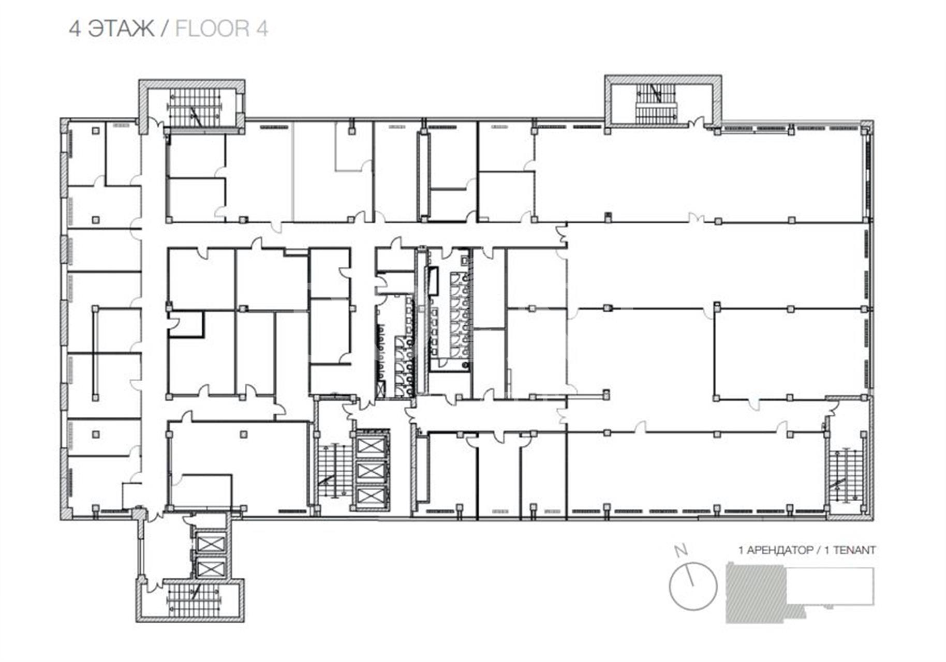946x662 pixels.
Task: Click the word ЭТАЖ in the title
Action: (121, 28)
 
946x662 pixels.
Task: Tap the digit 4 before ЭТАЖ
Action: (75, 28)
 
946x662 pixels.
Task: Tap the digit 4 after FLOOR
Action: (262, 28)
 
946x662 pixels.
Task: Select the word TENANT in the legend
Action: (854, 550)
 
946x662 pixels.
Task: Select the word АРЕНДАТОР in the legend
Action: (782, 550)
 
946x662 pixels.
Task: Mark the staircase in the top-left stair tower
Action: (195, 107)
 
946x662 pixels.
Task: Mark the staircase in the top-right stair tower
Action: (656, 103)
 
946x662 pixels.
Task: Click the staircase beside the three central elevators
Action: (331, 471)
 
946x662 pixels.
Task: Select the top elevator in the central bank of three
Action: (371, 445)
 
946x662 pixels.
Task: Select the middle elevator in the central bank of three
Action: (371, 471)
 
